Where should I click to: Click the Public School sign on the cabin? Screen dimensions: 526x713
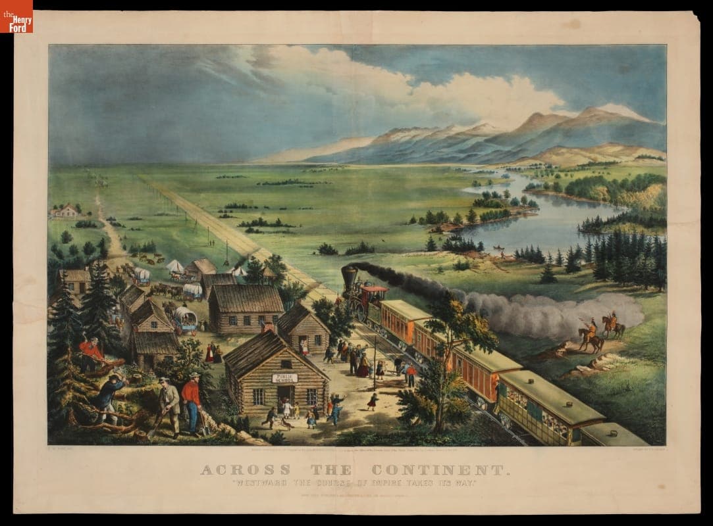[284, 378]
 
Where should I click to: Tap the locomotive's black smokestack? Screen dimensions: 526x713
[349, 276]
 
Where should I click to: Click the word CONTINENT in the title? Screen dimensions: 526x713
[440, 470]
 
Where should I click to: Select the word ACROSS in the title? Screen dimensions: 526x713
[245, 470]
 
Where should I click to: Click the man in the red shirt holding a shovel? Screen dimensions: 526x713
[192, 401]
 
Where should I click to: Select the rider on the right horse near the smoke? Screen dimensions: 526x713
[612, 322]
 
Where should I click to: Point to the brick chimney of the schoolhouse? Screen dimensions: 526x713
[267, 327]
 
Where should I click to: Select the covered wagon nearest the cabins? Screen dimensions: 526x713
[185, 319]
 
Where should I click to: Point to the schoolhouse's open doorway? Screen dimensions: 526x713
[285, 396]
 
